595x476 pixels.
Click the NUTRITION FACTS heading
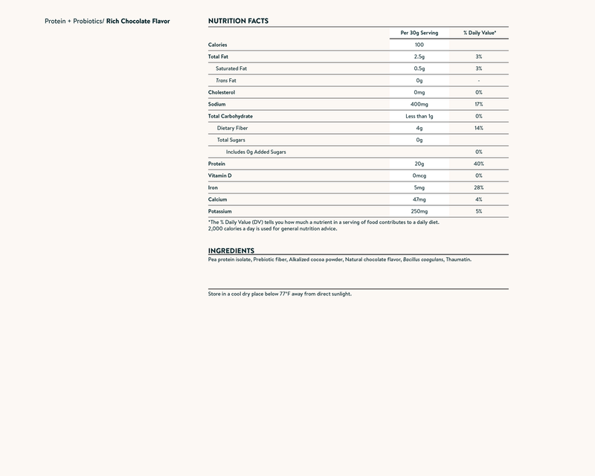[x=238, y=21]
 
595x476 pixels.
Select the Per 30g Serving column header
[x=419, y=33]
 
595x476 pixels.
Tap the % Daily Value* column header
[x=479, y=33]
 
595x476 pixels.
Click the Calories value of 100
[x=419, y=45]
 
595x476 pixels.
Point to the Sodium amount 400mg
[x=419, y=104]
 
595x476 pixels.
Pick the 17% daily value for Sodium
[x=479, y=104]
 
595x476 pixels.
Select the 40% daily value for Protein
[x=479, y=164]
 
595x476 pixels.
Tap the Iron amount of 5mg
[x=419, y=187]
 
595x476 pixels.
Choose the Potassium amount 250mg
[x=419, y=211]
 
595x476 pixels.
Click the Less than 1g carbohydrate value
[x=419, y=116]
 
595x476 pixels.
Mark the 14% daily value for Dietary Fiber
[x=479, y=128]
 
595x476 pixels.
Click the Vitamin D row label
[x=220, y=176]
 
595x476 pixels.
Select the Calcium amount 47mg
[x=419, y=199]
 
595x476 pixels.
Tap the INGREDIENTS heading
[x=231, y=251]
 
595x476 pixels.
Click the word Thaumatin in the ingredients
[x=458, y=260]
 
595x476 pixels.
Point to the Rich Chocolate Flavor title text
[x=138, y=21]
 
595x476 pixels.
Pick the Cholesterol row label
[x=222, y=92]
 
